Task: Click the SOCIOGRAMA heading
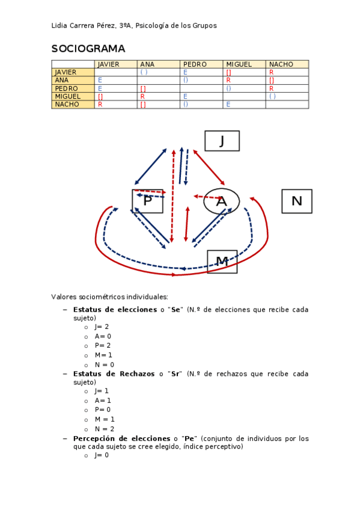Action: tap(88, 49)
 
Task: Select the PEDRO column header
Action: tap(195, 64)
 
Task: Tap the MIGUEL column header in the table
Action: tap(239, 64)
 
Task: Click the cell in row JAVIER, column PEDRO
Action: tap(201, 72)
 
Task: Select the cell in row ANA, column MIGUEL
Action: tap(244, 80)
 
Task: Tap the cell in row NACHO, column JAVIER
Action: tap(115, 105)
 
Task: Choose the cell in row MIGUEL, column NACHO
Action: tap(287, 96)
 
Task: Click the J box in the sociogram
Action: tap(222, 141)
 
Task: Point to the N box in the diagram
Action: tap(296, 201)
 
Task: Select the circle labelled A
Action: tap(221, 201)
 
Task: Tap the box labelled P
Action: tap(148, 201)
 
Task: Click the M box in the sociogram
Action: tap(222, 261)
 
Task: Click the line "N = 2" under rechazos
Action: tap(104, 429)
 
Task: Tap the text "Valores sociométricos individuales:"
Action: tap(110, 296)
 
